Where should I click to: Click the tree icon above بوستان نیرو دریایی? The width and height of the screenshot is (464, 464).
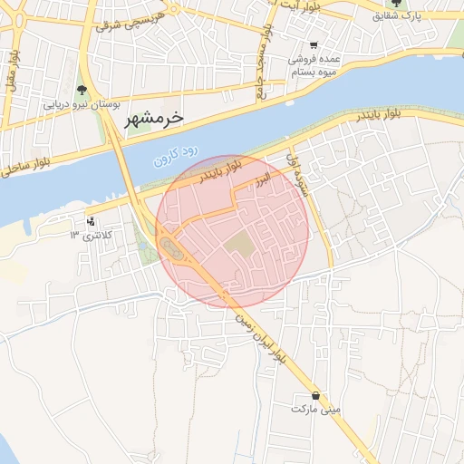point(82,90)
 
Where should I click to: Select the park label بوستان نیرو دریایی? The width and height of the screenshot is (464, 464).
point(82,104)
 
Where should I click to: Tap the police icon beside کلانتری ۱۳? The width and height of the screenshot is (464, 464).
point(90,221)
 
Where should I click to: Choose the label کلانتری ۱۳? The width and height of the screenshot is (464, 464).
point(89,236)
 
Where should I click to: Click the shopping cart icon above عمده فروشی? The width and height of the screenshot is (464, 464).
point(314,45)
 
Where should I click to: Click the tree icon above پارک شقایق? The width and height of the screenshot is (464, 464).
point(396,4)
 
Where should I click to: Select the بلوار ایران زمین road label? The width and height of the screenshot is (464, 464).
point(261,339)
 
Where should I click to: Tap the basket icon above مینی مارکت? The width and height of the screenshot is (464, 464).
point(315,395)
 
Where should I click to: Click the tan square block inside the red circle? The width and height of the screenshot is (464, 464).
point(240,244)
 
